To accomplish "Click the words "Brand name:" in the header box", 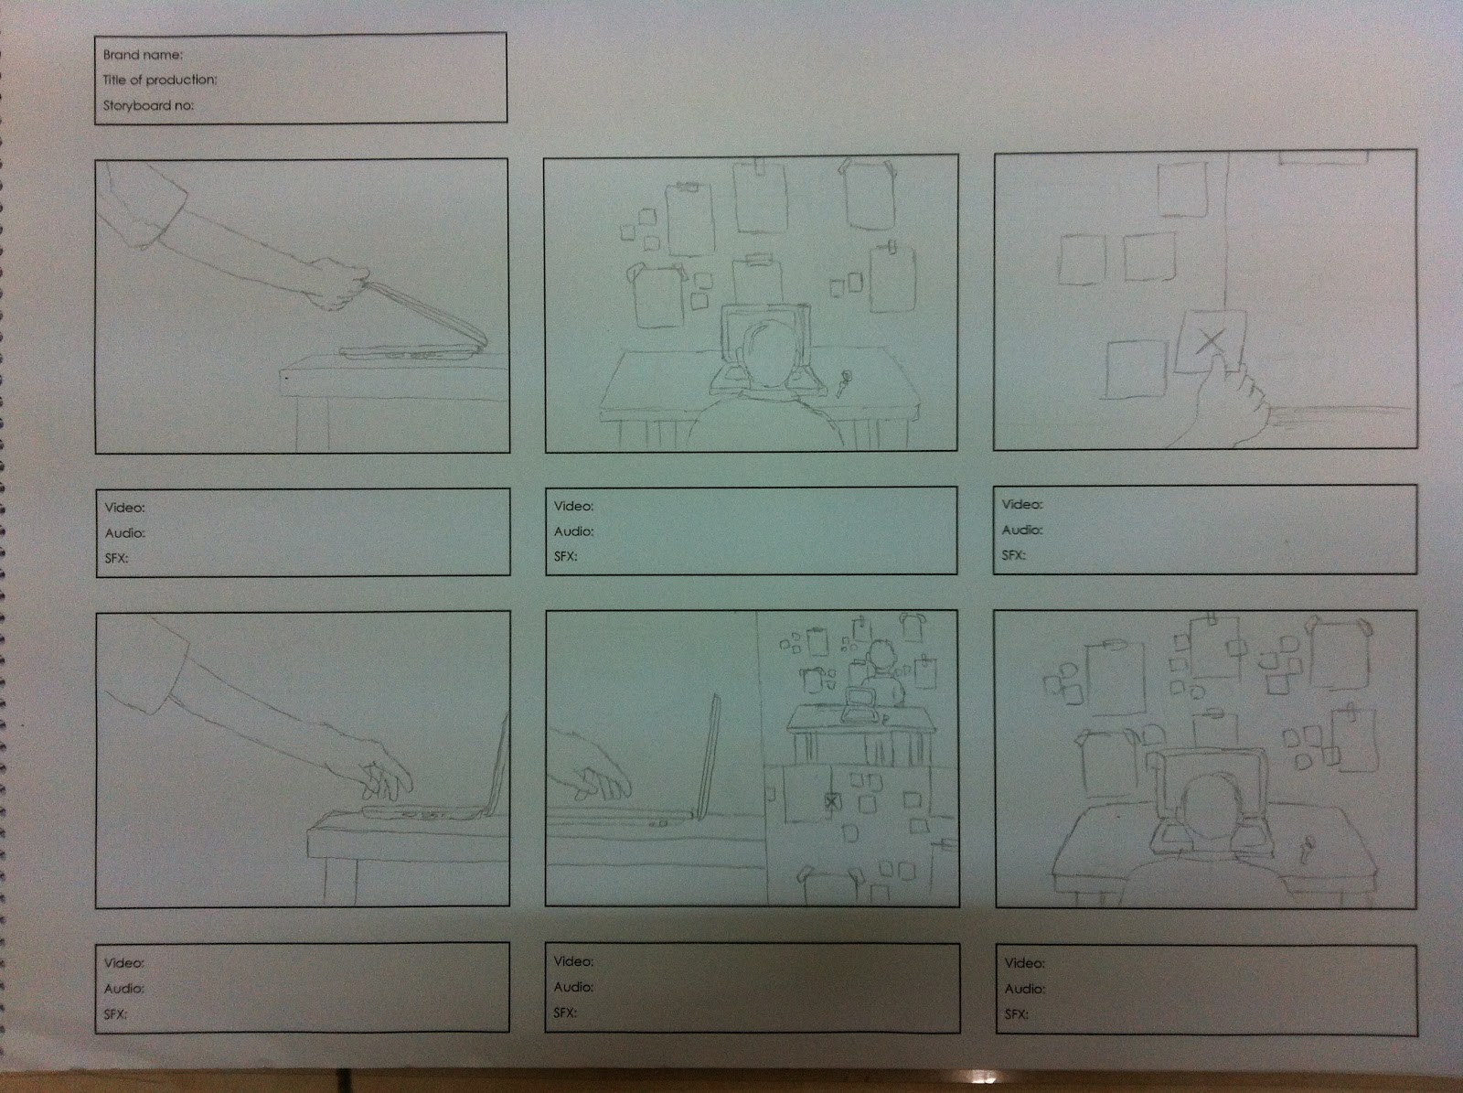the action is click(x=143, y=55).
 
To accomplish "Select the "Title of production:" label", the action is click(x=160, y=80).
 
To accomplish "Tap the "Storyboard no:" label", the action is click(x=148, y=105).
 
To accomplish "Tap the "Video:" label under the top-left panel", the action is click(x=124, y=508).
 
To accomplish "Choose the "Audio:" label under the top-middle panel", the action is click(x=574, y=531).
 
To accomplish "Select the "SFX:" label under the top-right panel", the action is click(x=1014, y=554).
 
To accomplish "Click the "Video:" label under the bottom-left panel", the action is click(x=124, y=963).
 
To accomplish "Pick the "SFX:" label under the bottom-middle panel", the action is click(x=565, y=1013).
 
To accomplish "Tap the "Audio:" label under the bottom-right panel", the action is click(x=1025, y=989).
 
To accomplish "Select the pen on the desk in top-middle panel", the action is click(x=844, y=382).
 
